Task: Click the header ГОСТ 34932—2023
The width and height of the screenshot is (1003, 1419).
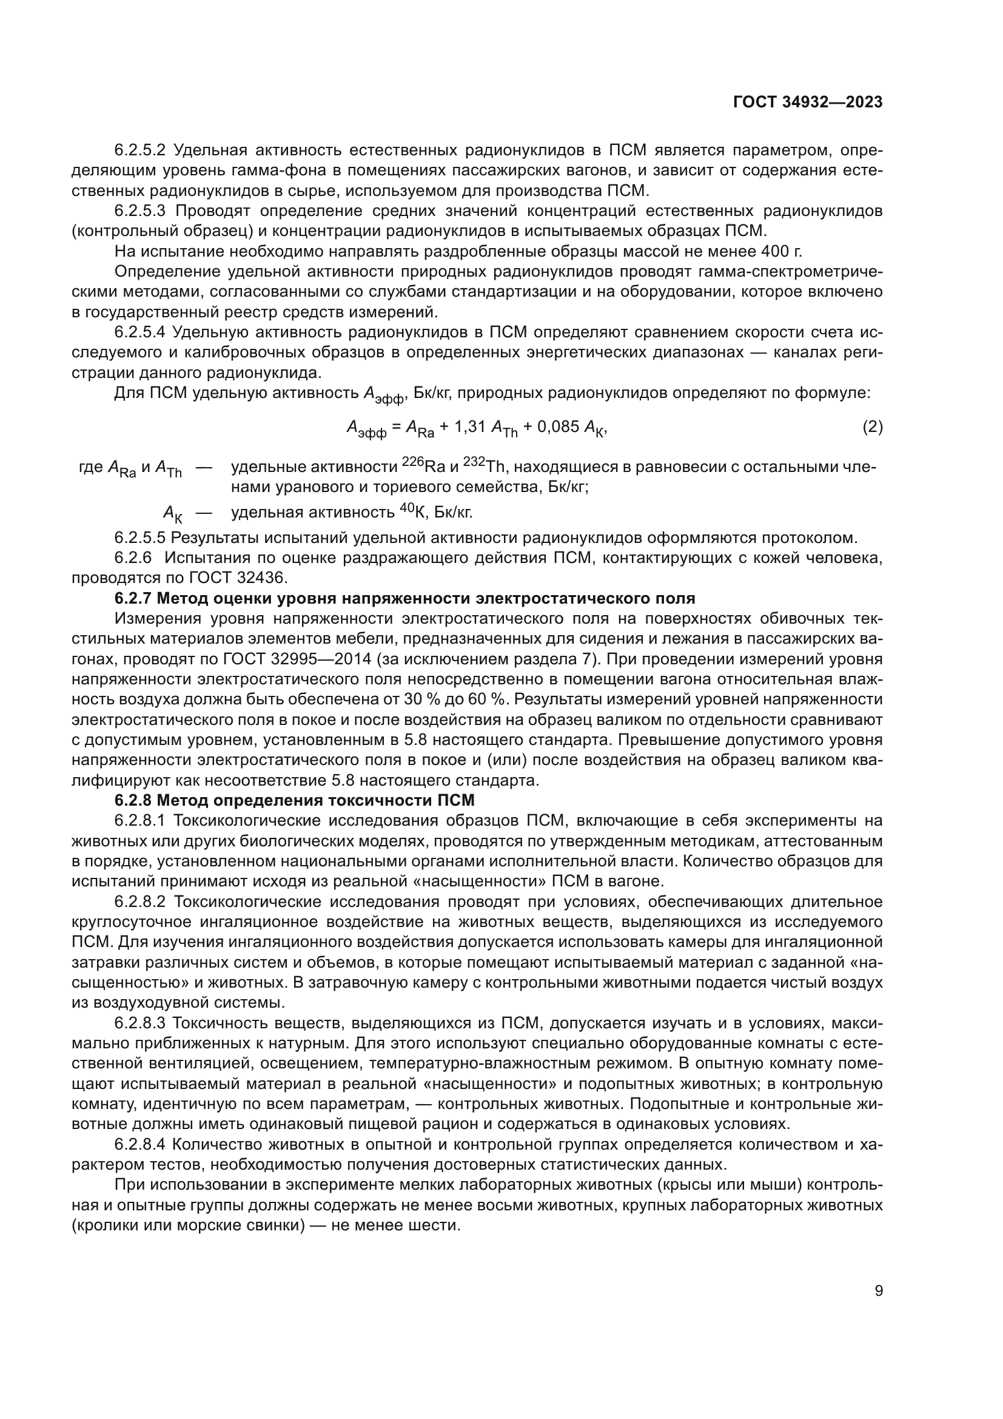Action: coord(807,103)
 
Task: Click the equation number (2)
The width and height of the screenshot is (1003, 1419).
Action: coord(872,427)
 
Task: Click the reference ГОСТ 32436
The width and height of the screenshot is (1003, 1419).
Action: coord(241,578)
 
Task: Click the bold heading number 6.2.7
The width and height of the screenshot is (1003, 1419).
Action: coord(133,598)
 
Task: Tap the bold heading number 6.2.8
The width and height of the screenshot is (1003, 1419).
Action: coord(133,800)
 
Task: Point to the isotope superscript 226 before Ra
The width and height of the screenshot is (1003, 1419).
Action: coord(412,461)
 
